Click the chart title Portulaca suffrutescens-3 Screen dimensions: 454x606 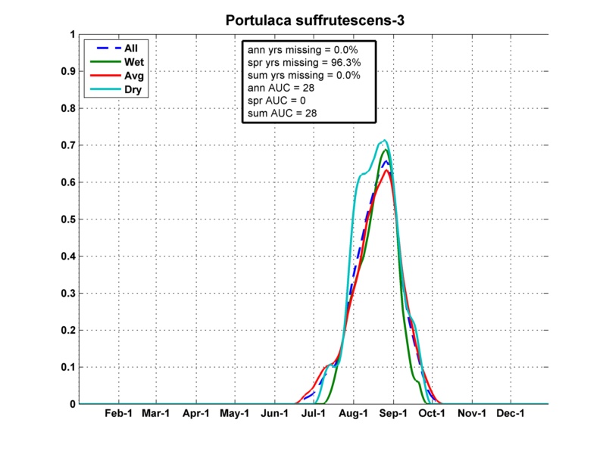coord(314,20)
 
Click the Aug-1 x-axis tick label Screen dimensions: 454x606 coord(353,415)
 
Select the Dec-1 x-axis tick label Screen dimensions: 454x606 coord(511,415)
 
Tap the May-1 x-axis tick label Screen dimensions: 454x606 coord(235,415)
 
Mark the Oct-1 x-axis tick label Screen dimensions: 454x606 coord(432,415)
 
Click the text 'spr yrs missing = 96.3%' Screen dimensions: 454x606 coord(304,62)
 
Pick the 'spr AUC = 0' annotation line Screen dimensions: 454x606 coord(278,101)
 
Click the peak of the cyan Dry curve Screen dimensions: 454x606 coord(385,140)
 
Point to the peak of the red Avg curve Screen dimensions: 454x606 coord(387,169)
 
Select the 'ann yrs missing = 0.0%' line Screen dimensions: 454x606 coord(304,49)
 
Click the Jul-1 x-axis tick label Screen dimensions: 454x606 coord(314,415)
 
